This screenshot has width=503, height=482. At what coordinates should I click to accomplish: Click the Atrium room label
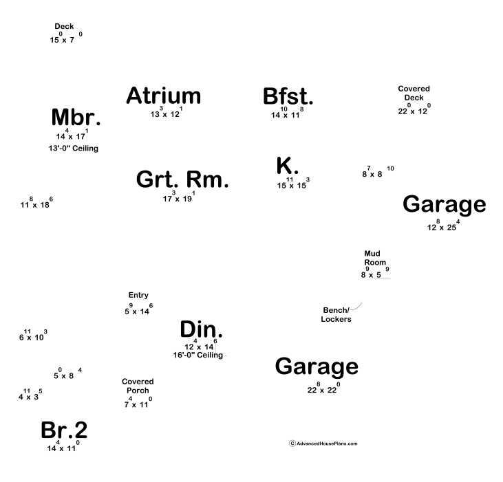(x=164, y=96)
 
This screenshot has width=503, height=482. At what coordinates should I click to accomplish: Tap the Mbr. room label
(x=76, y=118)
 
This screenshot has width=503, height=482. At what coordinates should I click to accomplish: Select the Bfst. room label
(x=288, y=97)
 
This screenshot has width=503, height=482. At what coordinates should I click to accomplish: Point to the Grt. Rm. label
(x=182, y=180)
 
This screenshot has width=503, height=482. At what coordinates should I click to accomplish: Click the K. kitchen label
(x=287, y=166)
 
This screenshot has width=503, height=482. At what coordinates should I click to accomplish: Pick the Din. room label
(x=201, y=329)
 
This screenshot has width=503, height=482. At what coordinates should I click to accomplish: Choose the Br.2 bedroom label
(x=64, y=430)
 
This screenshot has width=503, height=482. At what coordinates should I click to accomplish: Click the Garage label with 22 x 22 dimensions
(x=317, y=366)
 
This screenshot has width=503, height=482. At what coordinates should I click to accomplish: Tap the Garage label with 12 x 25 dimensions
(x=444, y=204)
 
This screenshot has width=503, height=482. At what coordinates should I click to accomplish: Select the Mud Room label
(x=372, y=257)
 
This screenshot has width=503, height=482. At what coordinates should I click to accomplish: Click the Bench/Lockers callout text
(x=336, y=314)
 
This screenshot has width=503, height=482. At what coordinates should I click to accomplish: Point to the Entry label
(x=138, y=295)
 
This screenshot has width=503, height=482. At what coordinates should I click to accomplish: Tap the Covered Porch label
(x=138, y=386)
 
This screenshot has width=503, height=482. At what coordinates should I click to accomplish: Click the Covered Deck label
(x=414, y=93)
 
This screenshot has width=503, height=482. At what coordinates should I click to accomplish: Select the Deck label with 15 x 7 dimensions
(x=64, y=26)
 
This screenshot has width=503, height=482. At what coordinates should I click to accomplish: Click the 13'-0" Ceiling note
(x=72, y=149)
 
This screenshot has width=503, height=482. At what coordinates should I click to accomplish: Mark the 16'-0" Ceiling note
(x=198, y=355)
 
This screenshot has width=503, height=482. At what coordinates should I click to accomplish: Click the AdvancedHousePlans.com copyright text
(x=323, y=443)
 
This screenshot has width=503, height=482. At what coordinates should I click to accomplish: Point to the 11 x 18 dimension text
(x=36, y=204)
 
